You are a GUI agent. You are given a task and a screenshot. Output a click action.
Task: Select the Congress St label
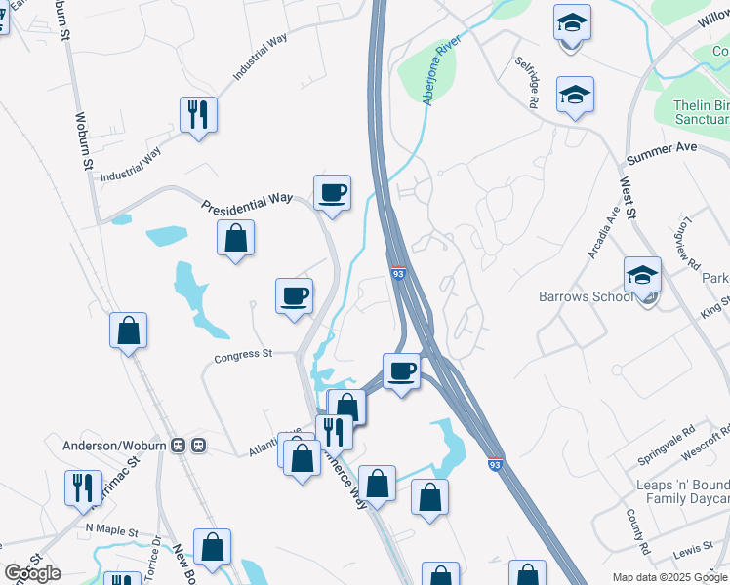[x=242, y=356]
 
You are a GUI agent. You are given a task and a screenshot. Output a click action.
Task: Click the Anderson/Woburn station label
[x=117, y=446]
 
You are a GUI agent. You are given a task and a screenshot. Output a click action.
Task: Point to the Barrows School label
[x=585, y=296]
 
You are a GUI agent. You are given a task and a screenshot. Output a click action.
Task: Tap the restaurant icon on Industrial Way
[x=199, y=115]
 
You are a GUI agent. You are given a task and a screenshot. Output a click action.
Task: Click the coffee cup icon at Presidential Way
[x=332, y=192]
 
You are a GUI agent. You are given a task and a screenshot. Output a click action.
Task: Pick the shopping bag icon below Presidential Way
[x=235, y=237]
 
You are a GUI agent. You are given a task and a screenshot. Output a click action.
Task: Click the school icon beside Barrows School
[x=642, y=275]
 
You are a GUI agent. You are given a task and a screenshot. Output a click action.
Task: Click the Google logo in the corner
[x=32, y=572]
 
